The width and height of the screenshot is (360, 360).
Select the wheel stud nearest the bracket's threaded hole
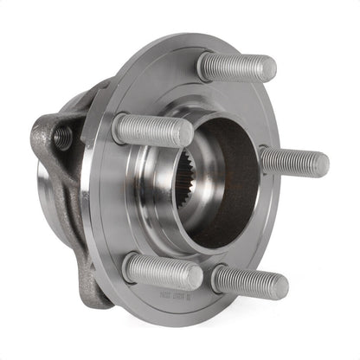point(152,130)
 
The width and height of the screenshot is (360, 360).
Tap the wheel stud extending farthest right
point(294,162)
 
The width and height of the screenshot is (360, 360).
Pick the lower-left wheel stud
point(162,270)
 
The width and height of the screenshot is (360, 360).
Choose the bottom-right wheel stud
point(249,281)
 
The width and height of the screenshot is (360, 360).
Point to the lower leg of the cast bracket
point(91,277)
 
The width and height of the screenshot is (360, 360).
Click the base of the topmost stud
point(205,65)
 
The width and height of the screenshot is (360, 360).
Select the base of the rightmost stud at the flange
point(265,159)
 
